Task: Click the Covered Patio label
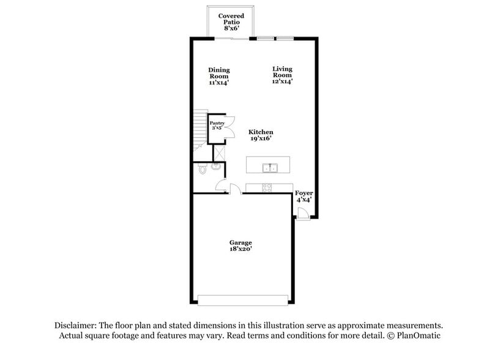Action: pyautogui.click(x=231, y=21)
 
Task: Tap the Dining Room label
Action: pyautogui.click(x=218, y=76)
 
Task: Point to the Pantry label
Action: pyautogui.click(x=217, y=126)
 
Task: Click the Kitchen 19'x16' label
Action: pyautogui.click(x=261, y=135)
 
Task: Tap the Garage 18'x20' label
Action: pyautogui.click(x=240, y=246)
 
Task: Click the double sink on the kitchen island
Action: pyautogui.click(x=269, y=167)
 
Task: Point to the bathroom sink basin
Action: pyautogui.click(x=216, y=166)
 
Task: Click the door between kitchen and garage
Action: pyautogui.click(x=234, y=189)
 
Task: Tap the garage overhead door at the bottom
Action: pyautogui.click(x=243, y=300)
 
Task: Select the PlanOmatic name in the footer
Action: pyautogui.click(x=418, y=336)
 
